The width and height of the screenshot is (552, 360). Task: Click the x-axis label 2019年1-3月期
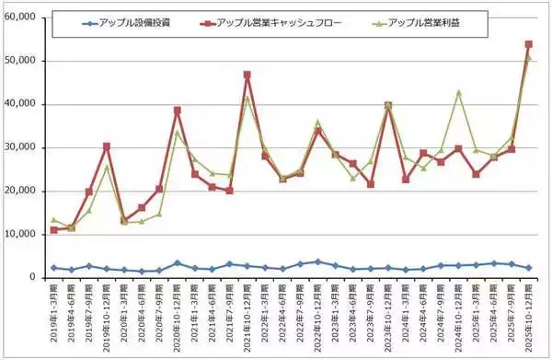tap(53, 313)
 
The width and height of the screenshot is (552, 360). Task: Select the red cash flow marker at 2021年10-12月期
tap(247, 75)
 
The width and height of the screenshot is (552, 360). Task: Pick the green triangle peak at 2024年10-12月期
tap(457, 92)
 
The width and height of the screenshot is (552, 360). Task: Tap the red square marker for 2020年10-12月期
tap(177, 110)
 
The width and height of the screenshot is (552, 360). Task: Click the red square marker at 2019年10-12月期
tap(107, 145)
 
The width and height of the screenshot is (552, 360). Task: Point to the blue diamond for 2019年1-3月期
tap(53, 267)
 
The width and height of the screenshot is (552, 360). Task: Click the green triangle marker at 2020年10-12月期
tap(177, 132)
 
